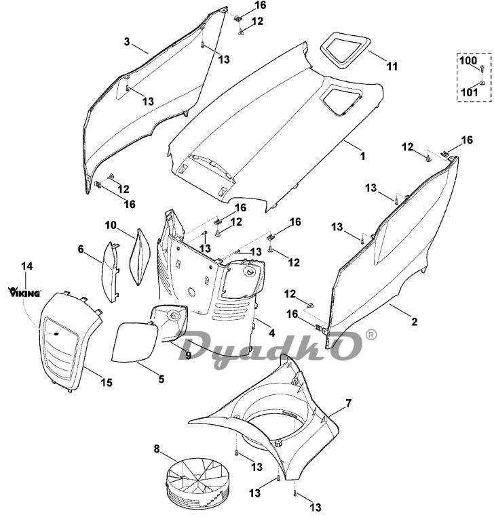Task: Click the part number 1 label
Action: (362, 156)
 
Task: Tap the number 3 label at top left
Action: (126, 41)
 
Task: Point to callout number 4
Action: (271, 333)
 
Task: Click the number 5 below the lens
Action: (161, 379)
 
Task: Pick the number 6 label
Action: (81, 249)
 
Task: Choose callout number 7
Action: (349, 404)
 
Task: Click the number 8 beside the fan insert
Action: (157, 448)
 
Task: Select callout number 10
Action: (111, 224)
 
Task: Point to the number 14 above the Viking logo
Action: (26, 266)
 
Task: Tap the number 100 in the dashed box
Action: (468, 61)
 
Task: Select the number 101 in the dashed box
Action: (468, 91)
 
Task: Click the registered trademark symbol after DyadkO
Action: (371, 335)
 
